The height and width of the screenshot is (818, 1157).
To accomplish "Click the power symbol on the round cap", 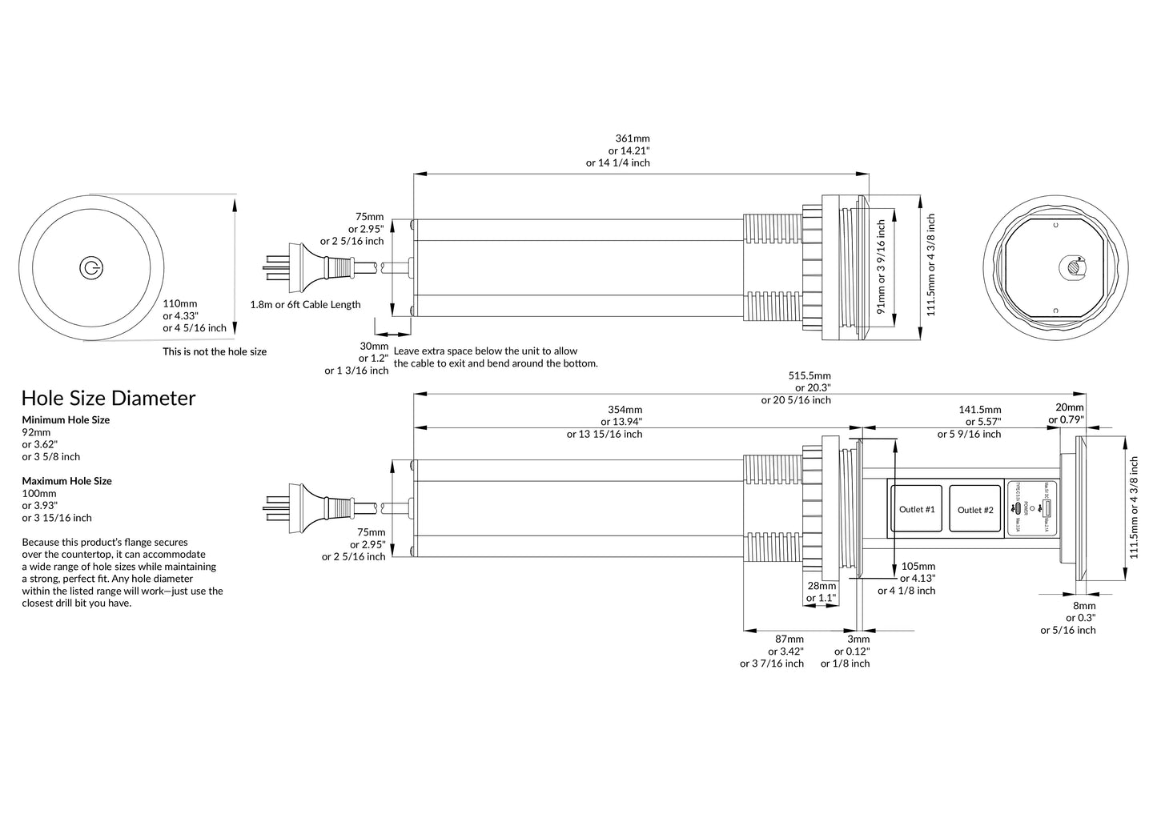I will (90, 269).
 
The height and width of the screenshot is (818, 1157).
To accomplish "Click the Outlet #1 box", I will (917, 510).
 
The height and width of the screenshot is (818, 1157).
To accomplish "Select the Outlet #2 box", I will (975, 510).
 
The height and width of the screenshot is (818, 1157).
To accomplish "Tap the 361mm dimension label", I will (633, 138).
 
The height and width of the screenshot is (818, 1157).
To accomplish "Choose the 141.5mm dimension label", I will (980, 410).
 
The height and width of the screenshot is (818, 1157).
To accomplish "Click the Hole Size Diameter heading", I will (108, 399).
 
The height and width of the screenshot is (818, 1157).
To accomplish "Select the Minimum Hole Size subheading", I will (66, 420).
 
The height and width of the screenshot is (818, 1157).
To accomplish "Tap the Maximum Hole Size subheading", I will (66, 481).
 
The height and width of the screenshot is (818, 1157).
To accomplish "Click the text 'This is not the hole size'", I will (215, 351).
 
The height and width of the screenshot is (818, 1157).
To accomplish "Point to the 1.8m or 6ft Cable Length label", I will (305, 305).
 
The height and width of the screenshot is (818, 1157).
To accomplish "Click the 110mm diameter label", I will (180, 304).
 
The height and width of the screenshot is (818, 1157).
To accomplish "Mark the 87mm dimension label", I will (789, 639).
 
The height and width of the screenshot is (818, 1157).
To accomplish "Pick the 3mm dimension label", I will (858, 639).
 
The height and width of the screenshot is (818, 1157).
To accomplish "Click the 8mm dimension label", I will (1084, 606).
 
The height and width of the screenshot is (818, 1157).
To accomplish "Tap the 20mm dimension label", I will (1070, 407).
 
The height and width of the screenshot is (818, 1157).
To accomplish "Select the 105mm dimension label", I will (918, 566).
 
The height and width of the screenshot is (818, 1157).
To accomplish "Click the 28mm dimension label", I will (822, 586).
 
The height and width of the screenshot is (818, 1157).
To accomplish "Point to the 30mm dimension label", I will (374, 347).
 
